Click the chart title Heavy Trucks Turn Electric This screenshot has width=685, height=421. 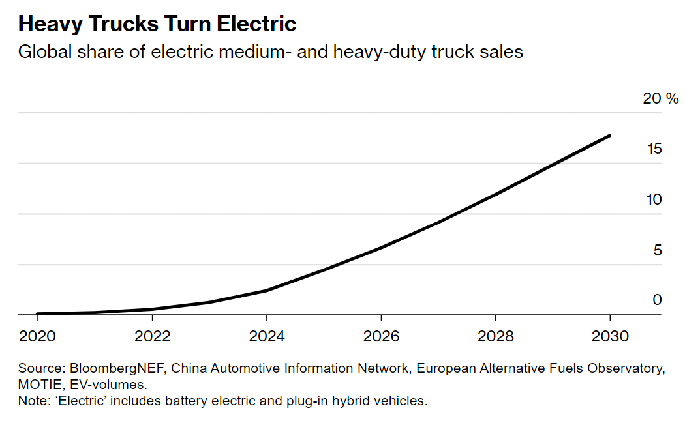(157, 24)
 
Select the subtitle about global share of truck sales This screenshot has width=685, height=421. (270, 52)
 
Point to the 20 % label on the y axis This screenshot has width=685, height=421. (660, 98)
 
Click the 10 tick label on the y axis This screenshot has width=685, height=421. (654, 199)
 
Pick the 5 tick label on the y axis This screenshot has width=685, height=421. (658, 250)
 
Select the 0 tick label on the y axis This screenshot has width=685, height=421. (658, 300)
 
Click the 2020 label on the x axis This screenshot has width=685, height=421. (38, 336)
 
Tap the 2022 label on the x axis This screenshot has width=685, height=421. (152, 336)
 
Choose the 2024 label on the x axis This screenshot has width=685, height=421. (267, 336)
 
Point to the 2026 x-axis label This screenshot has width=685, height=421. (381, 336)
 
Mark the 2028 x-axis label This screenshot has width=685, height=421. (496, 336)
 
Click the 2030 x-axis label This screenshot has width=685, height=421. (610, 336)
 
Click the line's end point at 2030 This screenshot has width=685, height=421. (610, 136)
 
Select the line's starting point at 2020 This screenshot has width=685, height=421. (38, 314)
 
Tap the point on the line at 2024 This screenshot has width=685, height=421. (267, 290)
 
